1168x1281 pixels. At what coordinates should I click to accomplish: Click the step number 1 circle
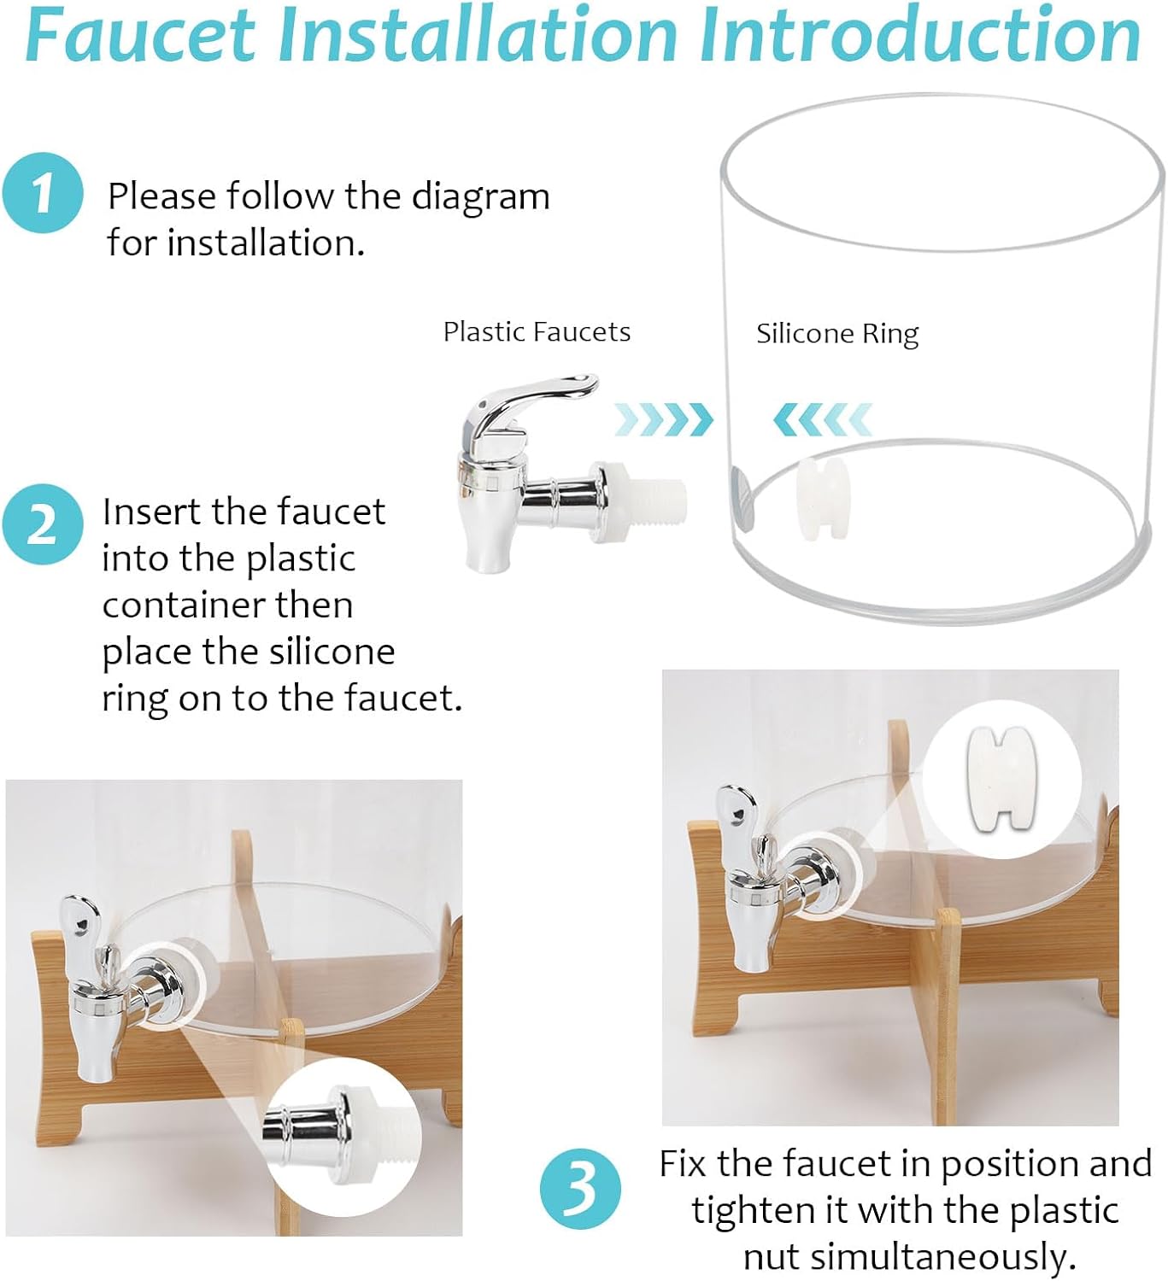42,192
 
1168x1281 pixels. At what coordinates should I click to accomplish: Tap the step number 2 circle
42,524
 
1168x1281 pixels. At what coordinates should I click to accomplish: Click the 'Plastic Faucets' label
537,332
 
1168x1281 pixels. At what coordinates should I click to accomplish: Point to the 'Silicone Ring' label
837,334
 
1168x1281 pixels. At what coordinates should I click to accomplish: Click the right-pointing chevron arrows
663,420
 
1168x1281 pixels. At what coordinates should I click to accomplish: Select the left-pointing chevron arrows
822,420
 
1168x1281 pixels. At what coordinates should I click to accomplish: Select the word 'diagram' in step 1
480,197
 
